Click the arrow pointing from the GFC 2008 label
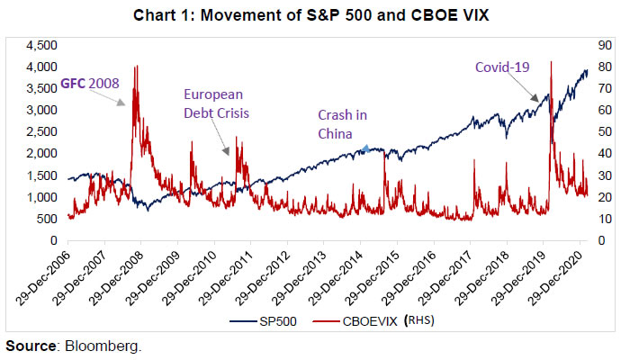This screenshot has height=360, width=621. pos(118,100)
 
